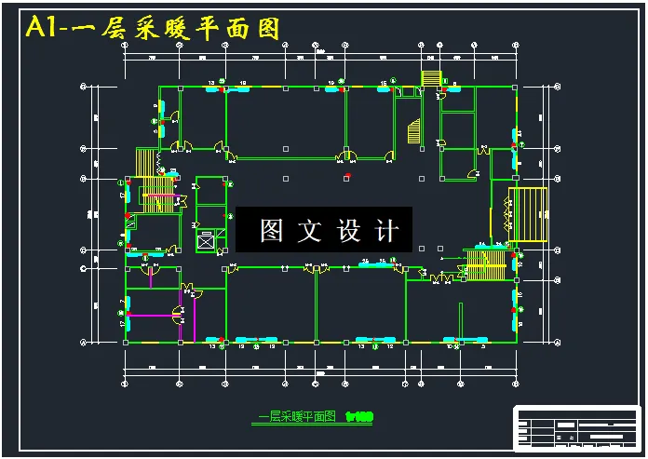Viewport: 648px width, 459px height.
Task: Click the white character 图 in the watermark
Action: (270, 230)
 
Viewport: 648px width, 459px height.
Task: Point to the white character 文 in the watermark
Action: (308, 230)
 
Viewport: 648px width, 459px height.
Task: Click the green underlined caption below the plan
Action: (296, 418)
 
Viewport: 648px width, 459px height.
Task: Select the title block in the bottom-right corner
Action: (577, 427)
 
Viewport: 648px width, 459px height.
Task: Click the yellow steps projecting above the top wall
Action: (431, 77)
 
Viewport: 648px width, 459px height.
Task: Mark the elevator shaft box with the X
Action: (205, 240)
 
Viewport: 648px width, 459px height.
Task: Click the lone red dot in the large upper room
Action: (347, 174)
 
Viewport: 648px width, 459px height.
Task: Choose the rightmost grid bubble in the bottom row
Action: (514, 382)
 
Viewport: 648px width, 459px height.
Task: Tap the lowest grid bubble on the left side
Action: (86, 343)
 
